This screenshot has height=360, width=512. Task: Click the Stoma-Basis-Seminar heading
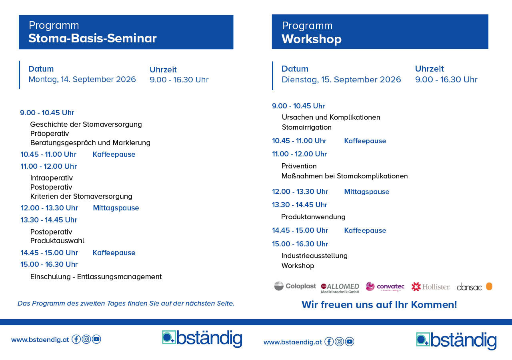[x=92, y=38]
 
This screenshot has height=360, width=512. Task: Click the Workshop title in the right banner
[x=311, y=39]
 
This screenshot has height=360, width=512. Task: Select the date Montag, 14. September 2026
[x=82, y=79]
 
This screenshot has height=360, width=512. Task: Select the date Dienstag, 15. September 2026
[x=341, y=80]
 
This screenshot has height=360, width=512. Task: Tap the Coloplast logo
[x=295, y=286]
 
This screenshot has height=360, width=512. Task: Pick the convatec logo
[x=385, y=287]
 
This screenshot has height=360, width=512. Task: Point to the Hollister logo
[x=430, y=286]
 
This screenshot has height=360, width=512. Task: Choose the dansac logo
[x=474, y=286]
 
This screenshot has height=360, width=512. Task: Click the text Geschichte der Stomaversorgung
[x=86, y=124]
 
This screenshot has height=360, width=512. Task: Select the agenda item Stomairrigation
[x=306, y=127]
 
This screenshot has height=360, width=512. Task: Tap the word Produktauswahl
[x=57, y=241]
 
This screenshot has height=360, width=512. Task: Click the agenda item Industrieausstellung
[x=314, y=256]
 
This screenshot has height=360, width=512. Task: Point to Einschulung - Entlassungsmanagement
[x=96, y=277]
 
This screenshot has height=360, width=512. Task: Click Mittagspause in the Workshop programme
[x=366, y=192]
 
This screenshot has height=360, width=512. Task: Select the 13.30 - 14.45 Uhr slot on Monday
[x=49, y=220]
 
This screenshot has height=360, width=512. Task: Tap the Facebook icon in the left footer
[x=76, y=339]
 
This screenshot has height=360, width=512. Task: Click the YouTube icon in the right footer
[x=349, y=342]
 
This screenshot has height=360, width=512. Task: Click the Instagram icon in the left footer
[x=86, y=339]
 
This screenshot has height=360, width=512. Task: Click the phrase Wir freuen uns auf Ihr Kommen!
[x=379, y=305]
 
